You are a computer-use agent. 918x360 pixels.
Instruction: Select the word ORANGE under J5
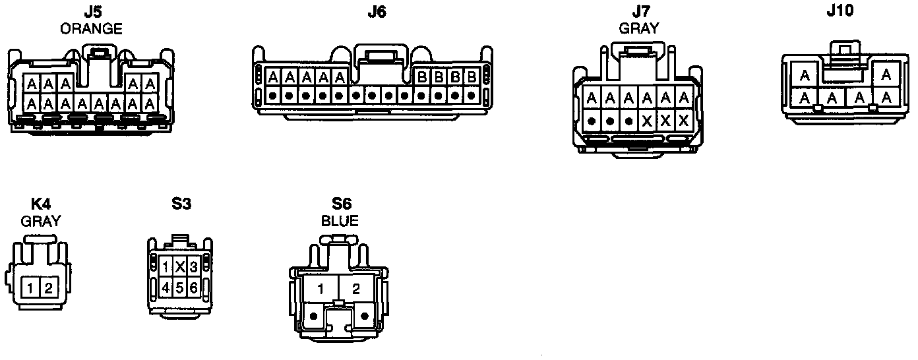pyautogui.click(x=91, y=28)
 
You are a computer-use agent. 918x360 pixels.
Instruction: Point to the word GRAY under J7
pyautogui.click(x=638, y=28)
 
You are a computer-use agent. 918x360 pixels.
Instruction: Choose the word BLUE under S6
pyautogui.click(x=340, y=221)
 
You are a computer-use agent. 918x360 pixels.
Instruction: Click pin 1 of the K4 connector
pyautogui.click(x=30, y=287)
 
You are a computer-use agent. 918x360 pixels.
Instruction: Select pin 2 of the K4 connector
pyautogui.click(x=47, y=287)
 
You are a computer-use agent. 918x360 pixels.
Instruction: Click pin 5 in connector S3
pyautogui.click(x=179, y=287)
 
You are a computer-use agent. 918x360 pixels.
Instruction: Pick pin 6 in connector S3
pyautogui.click(x=193, y=287)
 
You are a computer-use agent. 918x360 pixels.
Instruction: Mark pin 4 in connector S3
pyautogui.click(x=166, y=287)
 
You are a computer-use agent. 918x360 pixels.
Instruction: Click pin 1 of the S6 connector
pyautogui.click(x=321, y=288)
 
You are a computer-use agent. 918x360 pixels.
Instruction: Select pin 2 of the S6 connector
pyautogui.click(x=357, y=288)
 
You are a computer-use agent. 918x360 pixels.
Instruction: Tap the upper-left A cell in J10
pyautogui.click(x=805, y=75)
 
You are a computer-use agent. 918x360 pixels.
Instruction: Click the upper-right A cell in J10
pyautogui.click(x=886, y=75)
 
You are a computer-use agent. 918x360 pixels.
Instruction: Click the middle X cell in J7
pyautogui.click(x=665, y=121)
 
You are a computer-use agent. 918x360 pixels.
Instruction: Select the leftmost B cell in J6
pyautogui.click(x=421, y=77)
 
